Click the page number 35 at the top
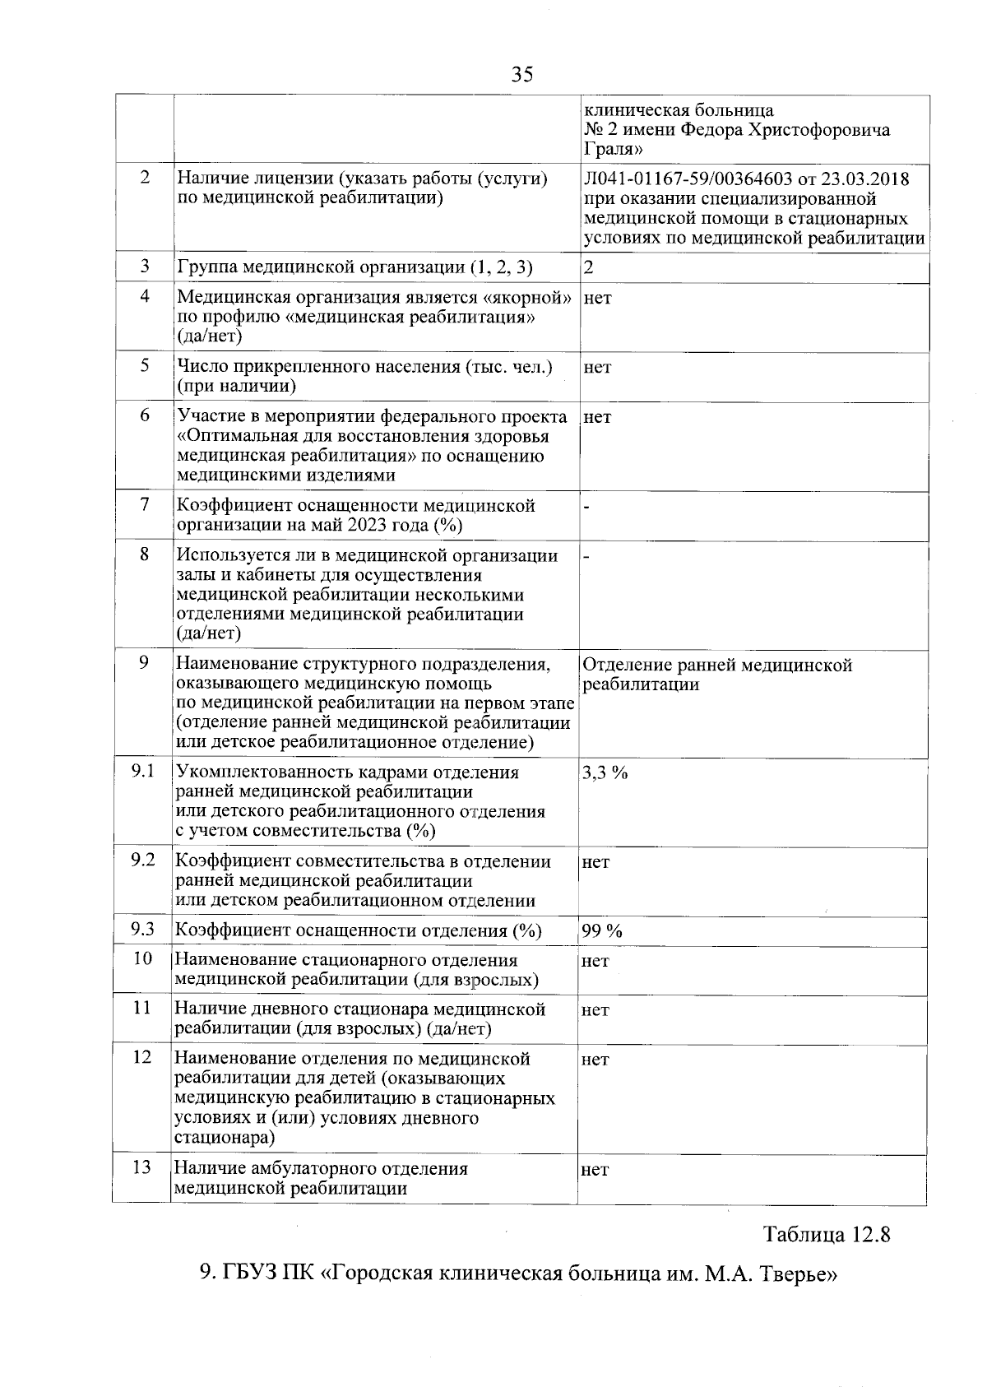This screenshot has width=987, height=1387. (x=521, y=75)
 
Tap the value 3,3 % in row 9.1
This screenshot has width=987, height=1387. (x=605, y=772)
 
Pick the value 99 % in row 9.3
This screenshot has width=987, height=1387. (x=602, y=930)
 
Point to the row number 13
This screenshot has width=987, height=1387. (x=142, y=1167)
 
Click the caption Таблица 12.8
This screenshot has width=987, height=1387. (x=827, y=1235)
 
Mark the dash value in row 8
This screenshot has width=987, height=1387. (x=586, y=557)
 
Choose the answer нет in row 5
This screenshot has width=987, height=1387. (x=598, y=368)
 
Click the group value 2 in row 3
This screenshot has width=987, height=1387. (x=589, y=267)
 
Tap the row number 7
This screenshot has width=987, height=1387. (x=145, y=503)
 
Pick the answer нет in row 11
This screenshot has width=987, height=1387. (x=595, y=1009)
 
